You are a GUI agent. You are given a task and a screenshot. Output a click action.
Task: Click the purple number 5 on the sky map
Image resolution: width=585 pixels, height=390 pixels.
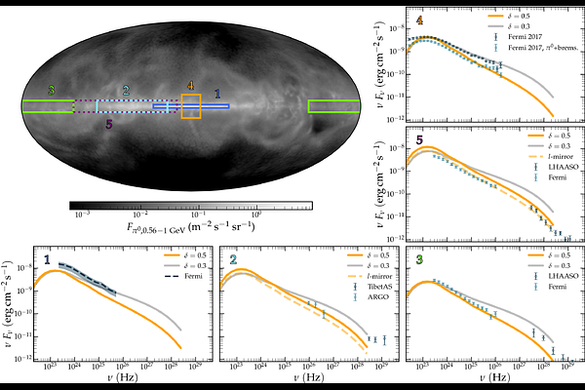[x=108, y=125]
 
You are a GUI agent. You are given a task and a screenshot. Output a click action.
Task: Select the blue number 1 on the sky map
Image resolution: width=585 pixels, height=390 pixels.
[x=216, y=91]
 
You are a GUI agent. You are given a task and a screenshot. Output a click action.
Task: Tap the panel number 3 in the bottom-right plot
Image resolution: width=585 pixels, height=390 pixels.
[x=419, y=260]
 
